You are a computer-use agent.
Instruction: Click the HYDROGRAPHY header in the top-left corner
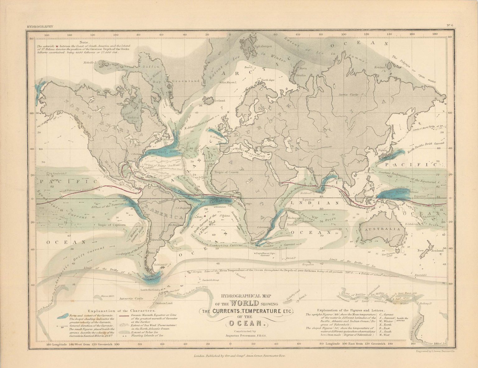(40, 27)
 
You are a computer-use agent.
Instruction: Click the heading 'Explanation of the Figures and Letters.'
(351, 310)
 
